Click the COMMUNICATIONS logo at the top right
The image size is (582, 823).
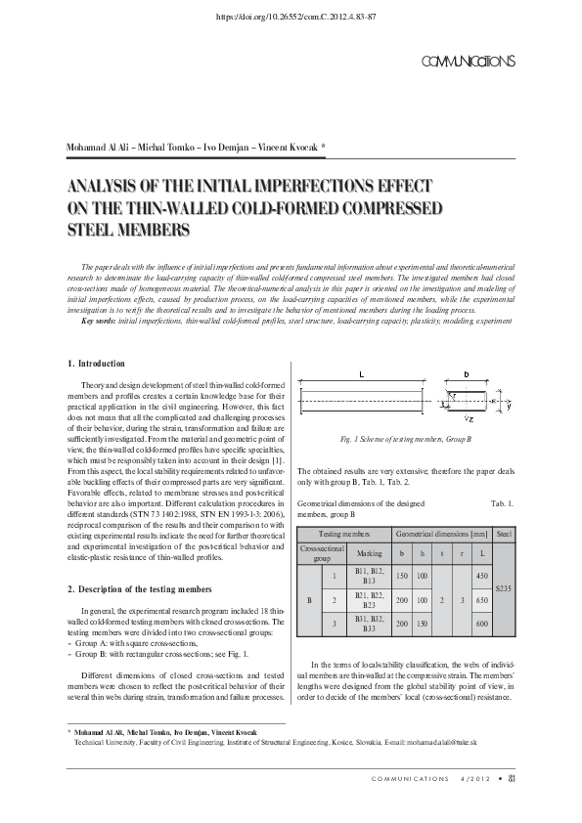coord(469,62)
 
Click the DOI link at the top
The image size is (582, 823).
coord(295,17)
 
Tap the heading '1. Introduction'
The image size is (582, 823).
coord(97,364)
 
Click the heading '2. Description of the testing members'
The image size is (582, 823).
coord(140,589)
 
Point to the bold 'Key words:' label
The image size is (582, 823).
coord(99,321)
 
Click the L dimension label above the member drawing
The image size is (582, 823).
coord(361,374)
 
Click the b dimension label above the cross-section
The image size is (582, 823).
coord(467,374)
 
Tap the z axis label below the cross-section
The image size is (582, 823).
coord(470,419)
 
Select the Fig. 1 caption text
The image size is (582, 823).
coord(406,439)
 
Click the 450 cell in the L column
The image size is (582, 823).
coord(481,576)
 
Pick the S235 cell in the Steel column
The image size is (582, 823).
coord(503,588)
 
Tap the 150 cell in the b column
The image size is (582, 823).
coord(402,576)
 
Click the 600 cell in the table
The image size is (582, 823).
coord(481,624)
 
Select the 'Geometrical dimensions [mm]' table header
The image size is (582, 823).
coord(442,535)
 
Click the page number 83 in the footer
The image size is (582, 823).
coord(512,779)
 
